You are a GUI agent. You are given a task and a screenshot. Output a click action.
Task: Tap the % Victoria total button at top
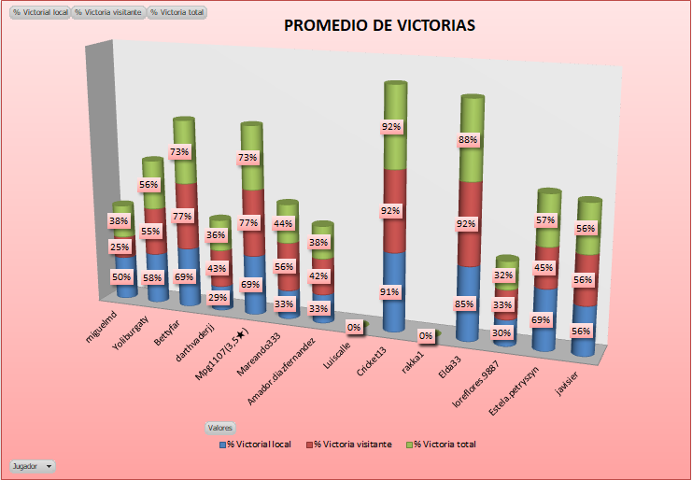(177, 12)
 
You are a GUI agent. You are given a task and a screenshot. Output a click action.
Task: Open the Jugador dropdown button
(32, 465)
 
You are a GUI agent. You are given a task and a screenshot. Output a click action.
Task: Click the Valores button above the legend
(220, 427)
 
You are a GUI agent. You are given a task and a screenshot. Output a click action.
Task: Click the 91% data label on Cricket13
(389, 292)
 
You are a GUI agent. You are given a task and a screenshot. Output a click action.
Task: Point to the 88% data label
(468, 140)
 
